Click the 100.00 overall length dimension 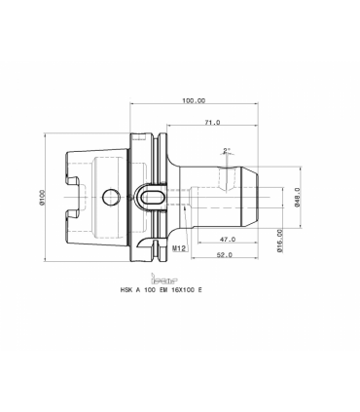[x=194, y=100]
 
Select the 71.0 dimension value [x=212, y=123]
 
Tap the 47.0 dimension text [x=228, y=240]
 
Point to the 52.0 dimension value [x=225, y=255]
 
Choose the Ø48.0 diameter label [x=296, y=198]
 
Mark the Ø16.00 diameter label [x=280, y=242]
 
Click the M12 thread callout [x=178, y=248]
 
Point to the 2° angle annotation [x=227, y=150]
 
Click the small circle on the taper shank [x=110, y=197]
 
